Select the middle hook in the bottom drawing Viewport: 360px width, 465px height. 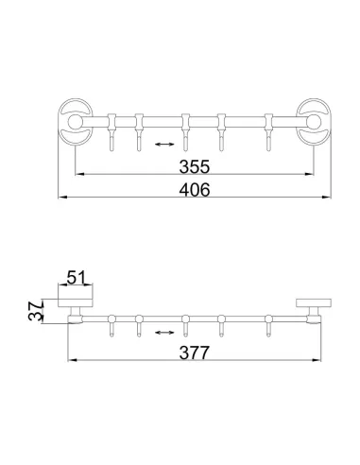point(187,323)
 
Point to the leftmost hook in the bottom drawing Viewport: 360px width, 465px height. point(111,323)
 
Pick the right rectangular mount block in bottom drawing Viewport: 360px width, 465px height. point(309,303)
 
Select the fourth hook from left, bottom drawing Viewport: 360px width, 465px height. point(222,323)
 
